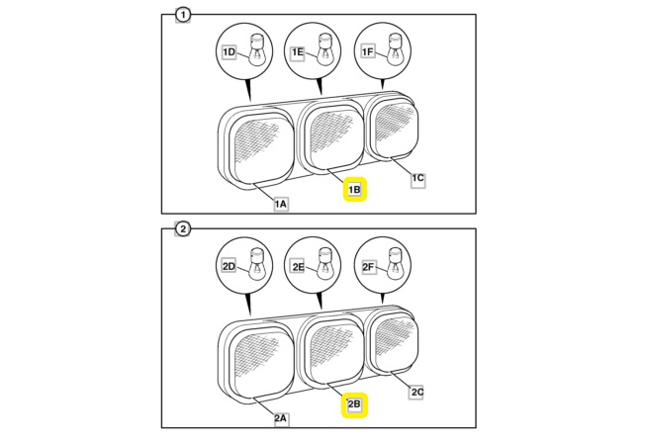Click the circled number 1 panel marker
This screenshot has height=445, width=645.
coord(183,15)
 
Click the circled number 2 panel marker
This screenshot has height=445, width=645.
coord(183,229)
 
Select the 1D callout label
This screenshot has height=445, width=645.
coord(229,52)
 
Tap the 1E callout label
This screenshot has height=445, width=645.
coord(298,52)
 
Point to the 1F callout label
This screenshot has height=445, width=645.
coord(368,51)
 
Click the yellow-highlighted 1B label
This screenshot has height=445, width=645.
coord(354,190)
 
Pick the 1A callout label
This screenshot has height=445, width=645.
coord(281,204)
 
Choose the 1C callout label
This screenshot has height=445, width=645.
coord(417,178)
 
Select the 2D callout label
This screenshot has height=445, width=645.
coord(229,267)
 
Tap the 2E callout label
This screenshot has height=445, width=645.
coord(298,267)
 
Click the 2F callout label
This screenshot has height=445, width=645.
coord(368,267)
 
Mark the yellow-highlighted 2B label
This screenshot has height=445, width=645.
coord(354,404)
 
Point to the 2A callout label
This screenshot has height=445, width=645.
coord(281,418)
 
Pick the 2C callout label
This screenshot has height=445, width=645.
coord(417,392)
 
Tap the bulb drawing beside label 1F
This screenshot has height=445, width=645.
coord(396,49)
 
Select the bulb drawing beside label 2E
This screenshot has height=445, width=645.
coord(325,264)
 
